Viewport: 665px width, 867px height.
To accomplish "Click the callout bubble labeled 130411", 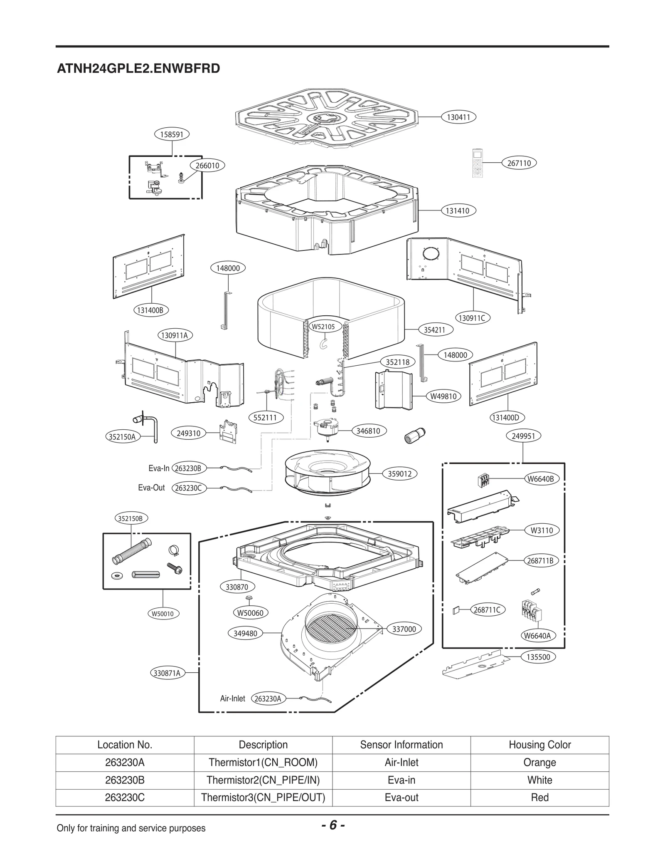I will [458, 117].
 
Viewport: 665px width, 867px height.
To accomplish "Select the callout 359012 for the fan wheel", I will [399, 474].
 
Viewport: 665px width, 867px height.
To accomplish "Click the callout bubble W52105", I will [323, 327].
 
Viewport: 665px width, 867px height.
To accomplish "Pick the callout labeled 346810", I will [368, 431].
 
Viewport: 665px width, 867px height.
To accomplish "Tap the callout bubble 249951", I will [523, 436].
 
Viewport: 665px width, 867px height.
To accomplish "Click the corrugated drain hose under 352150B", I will [132, 550].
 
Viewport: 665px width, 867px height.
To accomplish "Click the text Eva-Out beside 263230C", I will [151, 488].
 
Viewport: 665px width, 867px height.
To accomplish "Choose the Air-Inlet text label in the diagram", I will [232, 699].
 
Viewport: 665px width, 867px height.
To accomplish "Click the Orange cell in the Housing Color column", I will [539, 763].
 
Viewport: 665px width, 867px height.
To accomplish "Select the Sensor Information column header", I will [401, 745].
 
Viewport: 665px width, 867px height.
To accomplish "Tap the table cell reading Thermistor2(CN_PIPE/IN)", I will [263, 780].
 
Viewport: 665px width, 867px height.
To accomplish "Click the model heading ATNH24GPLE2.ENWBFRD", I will [138, 68].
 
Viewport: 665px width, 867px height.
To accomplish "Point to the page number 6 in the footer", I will [333, 825].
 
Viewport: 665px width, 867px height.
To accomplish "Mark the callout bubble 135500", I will [538, 657].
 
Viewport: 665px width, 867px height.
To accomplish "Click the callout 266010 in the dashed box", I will [207, 166].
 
